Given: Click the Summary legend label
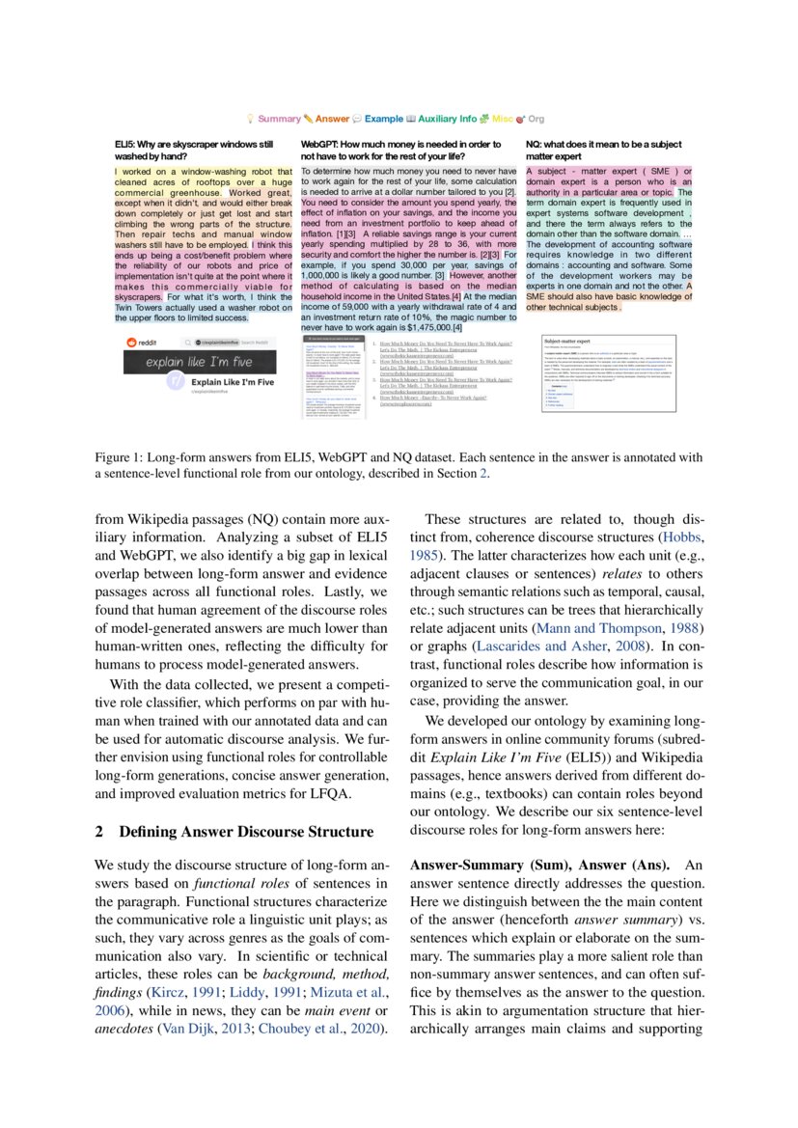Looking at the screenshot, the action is (279, 118).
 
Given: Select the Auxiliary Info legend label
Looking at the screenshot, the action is (447, 118).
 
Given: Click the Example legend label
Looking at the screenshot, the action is (383, 118).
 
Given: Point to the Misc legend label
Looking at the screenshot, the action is (503, 118).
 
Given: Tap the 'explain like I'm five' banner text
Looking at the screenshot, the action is (199, 363).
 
